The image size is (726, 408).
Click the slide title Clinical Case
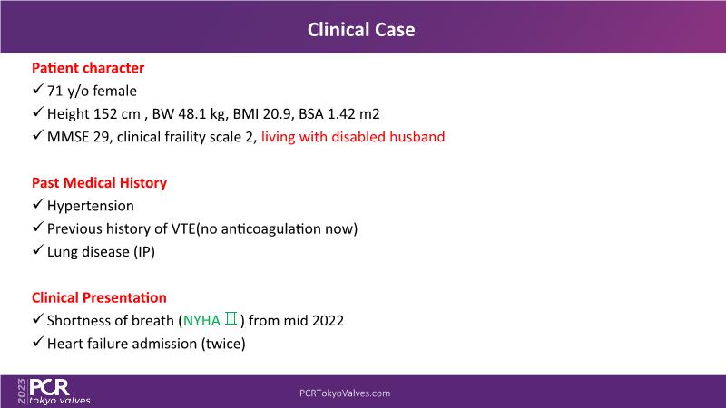click(x=361, y=30)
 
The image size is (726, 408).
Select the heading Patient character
click(x=88, y=68)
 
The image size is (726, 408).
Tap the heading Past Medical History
click(x=99, y=183)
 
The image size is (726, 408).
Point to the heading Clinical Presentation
click(x=99, y=297)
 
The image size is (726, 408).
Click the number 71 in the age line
click(x=54, y=92)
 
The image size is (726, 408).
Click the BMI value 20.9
click(x=279, y=114)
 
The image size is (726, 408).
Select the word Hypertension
click(x=90, y=206)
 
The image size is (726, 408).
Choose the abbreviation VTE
click(x=183, y=228)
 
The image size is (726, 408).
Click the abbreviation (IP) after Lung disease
click(x=144, y=252)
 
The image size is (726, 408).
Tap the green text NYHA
click(x=201, y=321)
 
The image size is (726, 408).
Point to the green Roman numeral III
click(x=231, y=319)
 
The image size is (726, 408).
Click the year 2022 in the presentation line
click(x=328, y=321)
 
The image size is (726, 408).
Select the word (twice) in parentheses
click(x=223, y=344)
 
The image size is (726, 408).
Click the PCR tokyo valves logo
click(x=54, y=392)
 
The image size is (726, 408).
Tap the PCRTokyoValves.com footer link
click(x=345, y=393)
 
